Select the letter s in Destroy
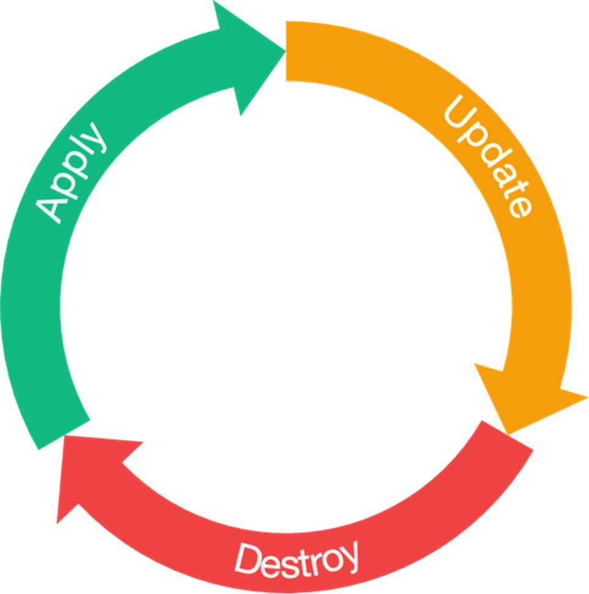[283, 561]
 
